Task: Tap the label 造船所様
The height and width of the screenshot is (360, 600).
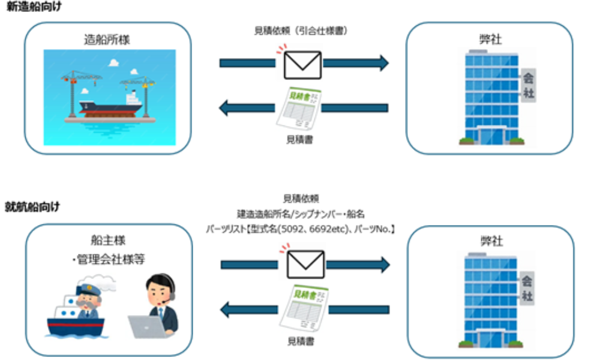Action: tap(107, 40)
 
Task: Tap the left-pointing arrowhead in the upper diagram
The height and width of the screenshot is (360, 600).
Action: tap(226, 109)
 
